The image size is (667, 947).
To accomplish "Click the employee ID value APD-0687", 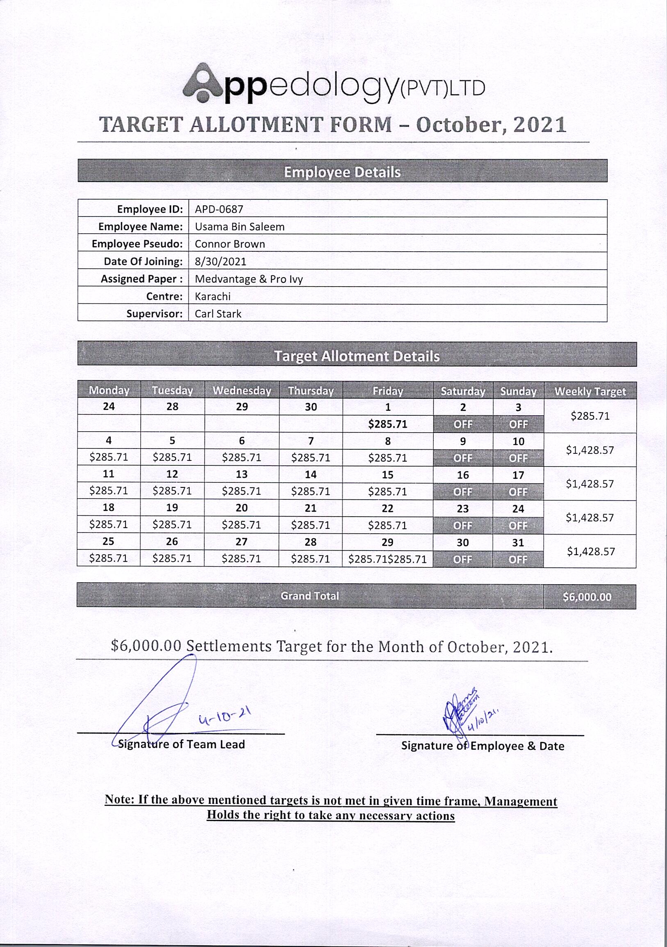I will click(219, 209).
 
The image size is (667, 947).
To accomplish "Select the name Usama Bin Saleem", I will click(240, 226).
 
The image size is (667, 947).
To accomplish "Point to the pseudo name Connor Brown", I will click(230, 244).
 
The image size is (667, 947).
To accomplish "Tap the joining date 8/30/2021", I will click(220, 262).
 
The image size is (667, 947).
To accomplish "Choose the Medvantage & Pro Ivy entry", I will click(249, 279).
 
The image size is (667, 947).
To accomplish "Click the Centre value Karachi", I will click(212, 296).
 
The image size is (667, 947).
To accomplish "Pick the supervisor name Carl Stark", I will click(218, 314).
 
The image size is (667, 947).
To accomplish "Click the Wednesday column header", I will click(242, 390).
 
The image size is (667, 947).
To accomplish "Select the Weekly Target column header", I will click(590, 391).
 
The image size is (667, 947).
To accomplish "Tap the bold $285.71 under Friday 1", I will click(387, 424).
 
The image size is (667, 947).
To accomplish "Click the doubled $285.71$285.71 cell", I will click(387, 559).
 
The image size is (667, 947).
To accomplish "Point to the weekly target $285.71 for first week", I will click(590, 416).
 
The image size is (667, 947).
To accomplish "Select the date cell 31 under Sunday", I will click(518, 542).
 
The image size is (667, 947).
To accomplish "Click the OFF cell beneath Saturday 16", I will click(462, 492).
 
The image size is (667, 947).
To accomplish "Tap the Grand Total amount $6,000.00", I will click(587, 596).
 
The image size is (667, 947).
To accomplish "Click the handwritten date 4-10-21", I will click(225, 717).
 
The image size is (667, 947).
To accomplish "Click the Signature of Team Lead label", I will click(182, 744).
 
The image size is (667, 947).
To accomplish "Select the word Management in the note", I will click(521, 801).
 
